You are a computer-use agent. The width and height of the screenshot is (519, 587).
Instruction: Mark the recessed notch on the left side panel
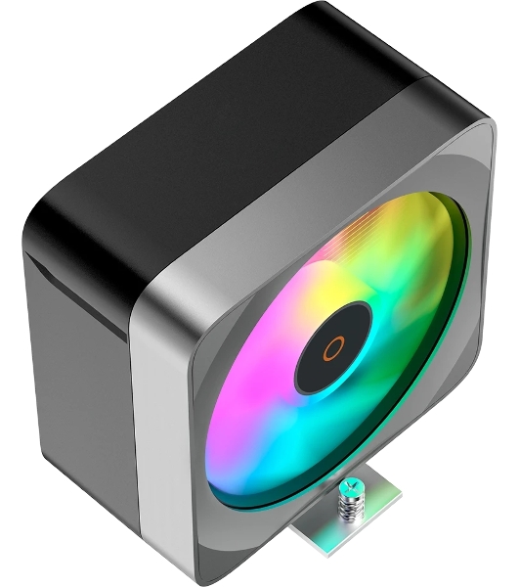pos(73,293)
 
